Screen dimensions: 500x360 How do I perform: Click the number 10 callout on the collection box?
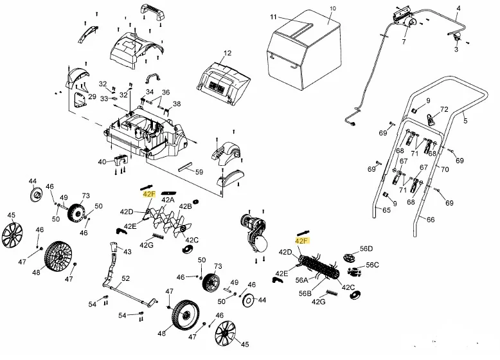pos(333,8)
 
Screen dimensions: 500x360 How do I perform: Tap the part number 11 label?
pos(274,17)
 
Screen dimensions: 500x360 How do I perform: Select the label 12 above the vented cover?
pos(228,53)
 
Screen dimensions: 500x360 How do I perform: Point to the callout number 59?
pos(199,172)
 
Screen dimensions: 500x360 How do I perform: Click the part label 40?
pos(102,162)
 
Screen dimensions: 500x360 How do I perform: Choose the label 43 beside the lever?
pos(127,252)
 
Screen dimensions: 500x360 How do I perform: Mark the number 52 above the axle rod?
pos(125,278)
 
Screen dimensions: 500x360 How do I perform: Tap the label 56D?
pos(366,248)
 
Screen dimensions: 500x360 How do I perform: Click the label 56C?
pos(372,265)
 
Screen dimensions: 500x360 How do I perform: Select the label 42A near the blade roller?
pos(168,200)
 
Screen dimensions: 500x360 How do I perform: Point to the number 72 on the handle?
pos(444,109)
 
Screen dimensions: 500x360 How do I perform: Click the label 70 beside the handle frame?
pos(445,169)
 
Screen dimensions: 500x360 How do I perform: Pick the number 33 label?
pos(104,99)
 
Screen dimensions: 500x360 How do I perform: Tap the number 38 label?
pos(177,104)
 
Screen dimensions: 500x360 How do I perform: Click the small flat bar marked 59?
pos(186,166)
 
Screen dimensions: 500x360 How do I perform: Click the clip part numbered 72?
pos(431,120)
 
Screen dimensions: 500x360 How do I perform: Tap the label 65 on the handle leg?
pos(386,210)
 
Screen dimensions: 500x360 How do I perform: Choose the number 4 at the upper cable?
pos(458,8)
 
